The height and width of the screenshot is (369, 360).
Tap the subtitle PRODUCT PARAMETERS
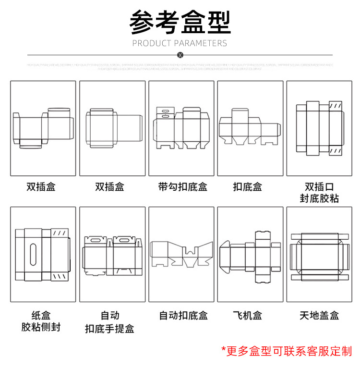[180, 43]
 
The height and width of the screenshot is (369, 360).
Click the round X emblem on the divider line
[180, 55]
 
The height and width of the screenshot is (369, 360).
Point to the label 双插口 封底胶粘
[319, 192]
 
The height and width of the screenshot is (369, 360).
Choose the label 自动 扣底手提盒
[110, 322]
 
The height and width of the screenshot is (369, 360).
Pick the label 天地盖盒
[319, 316]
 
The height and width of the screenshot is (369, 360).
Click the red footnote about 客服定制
[287, 351]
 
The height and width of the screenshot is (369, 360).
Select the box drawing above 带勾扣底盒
[181, 127]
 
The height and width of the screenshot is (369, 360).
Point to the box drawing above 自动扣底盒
[181, 253]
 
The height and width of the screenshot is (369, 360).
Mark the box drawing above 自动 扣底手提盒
[112, 255]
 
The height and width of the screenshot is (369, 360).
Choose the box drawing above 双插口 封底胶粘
[319, 127]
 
